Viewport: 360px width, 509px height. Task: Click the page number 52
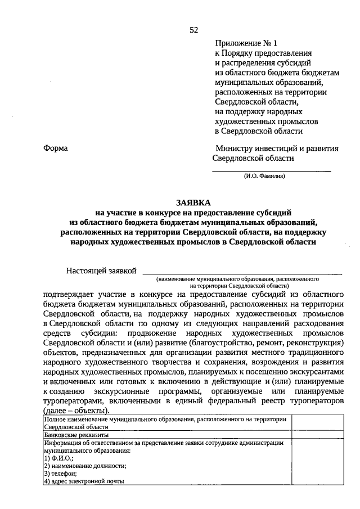coord(194,30)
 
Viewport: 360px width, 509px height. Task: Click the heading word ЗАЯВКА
coord(194,202)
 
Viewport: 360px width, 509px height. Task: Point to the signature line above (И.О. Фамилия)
coord(271,170)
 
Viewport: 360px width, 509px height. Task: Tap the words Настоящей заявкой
coord(101,271)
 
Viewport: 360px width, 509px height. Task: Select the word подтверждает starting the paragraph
coord(66,294)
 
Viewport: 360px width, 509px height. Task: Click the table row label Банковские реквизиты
coord(76,435)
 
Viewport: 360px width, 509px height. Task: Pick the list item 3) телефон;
coord(62,473)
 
